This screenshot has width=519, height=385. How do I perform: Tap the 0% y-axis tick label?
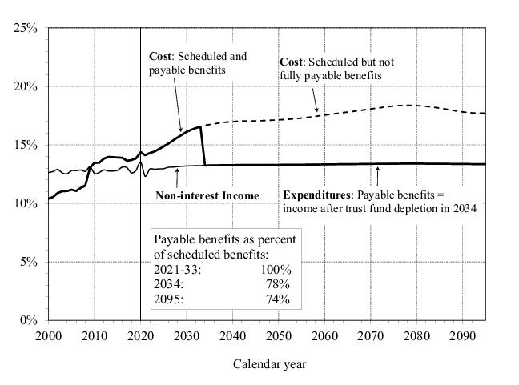tap(29, 320)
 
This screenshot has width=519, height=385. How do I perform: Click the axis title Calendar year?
tap(269, 364)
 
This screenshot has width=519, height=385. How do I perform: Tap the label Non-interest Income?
tap(207, 195)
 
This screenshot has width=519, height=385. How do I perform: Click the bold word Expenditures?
tap(316, 195)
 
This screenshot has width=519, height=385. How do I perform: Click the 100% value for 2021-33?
tap(276, 270)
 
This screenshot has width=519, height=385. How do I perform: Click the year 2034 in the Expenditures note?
tap(464, 209)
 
